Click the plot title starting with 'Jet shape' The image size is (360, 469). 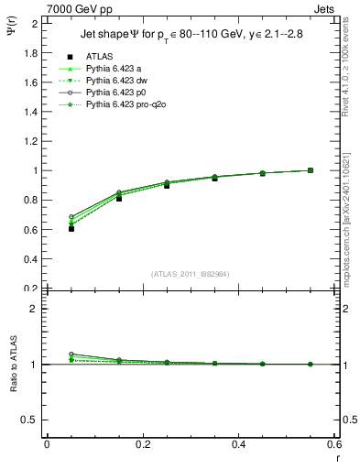pos(189,36)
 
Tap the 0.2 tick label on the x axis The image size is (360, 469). pos(142,443)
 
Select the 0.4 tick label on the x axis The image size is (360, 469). pos(238,443)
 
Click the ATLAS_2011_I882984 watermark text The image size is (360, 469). pos(190,274)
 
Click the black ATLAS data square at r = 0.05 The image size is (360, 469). pos(71,228)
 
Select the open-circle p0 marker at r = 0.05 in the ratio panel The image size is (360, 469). pos(71,354)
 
